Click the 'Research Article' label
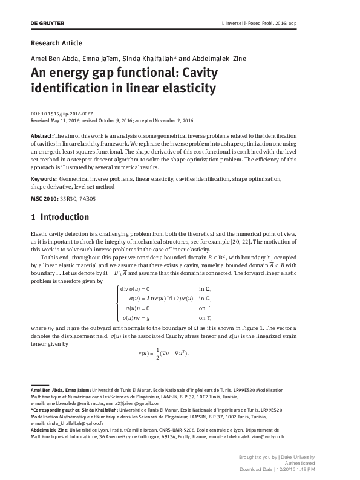(x=56, y=43)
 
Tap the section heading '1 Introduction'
(x=63, y=216)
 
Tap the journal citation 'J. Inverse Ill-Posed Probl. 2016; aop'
(x=289, y=23)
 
